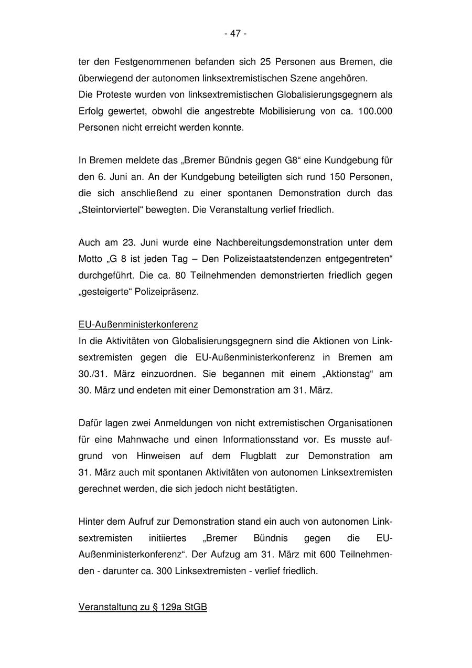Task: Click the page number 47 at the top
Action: tap(235, 34)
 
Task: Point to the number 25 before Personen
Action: tap(265, 62)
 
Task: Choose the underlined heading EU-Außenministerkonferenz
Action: tap(138, 325)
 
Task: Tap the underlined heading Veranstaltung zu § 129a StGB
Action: tap(143, 607)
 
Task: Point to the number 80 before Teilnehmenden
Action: tap(180, 275)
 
